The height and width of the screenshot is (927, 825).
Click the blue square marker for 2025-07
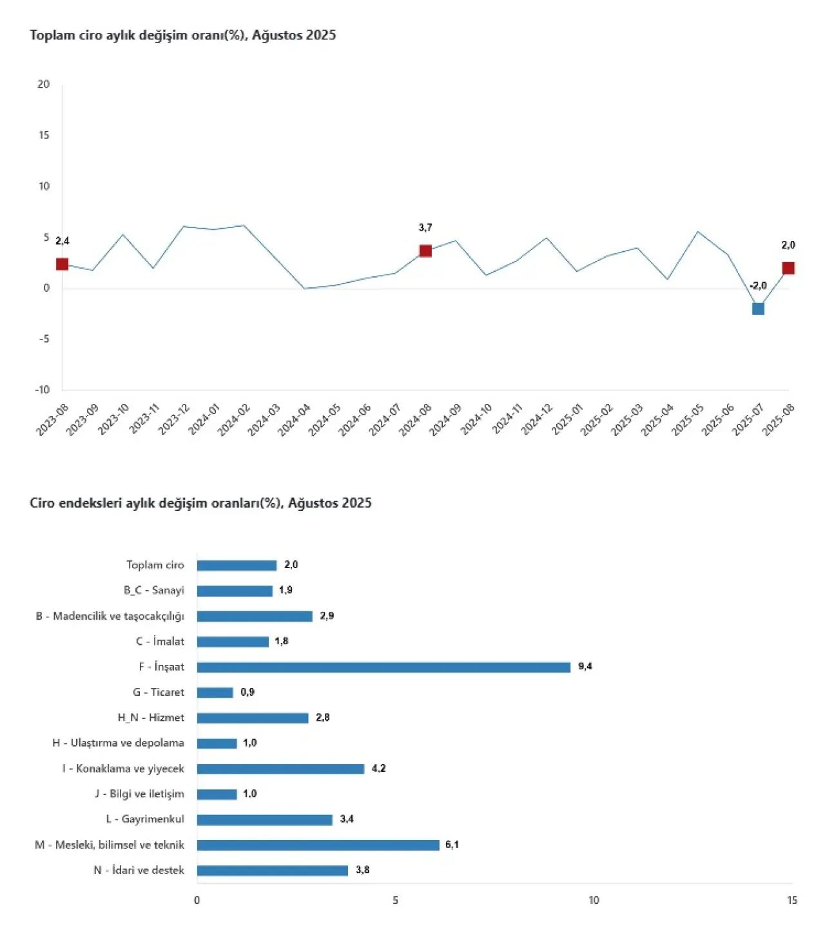coord(758,309)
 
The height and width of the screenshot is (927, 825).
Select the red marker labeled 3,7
coord(425,251)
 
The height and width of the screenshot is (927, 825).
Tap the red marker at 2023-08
coord(63,264)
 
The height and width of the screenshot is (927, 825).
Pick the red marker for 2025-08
coord(788,268)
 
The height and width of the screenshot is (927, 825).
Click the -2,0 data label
coord(758,286)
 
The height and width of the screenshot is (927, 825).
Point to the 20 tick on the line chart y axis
coord(43,84)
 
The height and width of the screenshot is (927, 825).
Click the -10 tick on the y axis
coord(42,390)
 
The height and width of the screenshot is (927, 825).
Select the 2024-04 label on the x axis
coord(295,419)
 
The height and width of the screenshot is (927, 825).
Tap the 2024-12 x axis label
coord(537,419)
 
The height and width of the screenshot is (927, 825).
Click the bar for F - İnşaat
coord(383,667)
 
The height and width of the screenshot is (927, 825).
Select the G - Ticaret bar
coord(215,693)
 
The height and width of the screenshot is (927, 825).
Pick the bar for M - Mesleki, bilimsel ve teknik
coord(318,845)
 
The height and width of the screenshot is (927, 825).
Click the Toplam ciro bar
coord(237,565)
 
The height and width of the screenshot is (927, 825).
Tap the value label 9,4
coord(585,666)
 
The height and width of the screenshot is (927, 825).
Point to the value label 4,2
coord(379,768)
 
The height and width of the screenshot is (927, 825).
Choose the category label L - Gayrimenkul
coord(145,819)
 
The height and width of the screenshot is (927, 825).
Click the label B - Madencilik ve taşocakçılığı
coord(110,616)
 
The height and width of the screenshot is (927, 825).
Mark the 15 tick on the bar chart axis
coord(792,900)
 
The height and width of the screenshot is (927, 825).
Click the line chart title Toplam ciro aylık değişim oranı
coord(182,35)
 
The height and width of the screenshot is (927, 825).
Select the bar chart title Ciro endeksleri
coord(200,503)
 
